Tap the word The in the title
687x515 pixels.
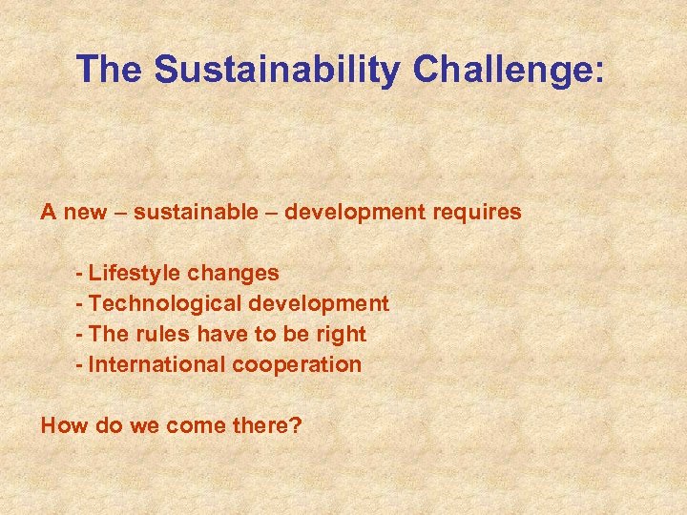coord(111,70)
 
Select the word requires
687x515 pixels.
coord(477,212)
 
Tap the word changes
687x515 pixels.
coord(233,274)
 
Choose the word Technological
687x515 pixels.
coord(165,303)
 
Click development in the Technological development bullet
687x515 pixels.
coord(319,303)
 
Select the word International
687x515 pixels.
coord(152,364)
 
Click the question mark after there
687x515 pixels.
coord(296,425)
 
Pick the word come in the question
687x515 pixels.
coord(191,425)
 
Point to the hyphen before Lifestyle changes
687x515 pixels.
coord(80,274)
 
